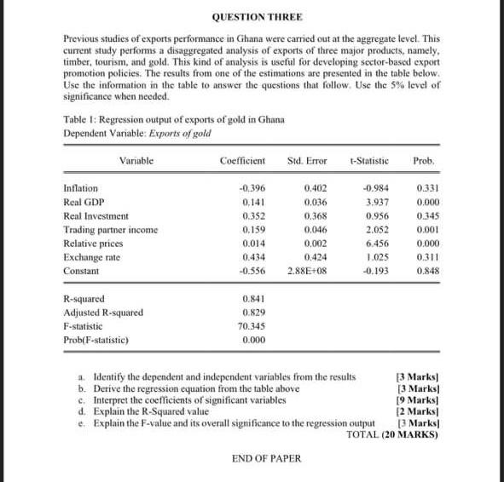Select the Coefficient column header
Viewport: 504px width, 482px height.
point(243,160)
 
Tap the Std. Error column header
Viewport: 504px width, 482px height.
point(308,160)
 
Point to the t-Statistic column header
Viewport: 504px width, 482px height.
point(369,160)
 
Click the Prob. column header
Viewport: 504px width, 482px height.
point(424,160)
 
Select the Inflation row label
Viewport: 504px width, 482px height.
point(81,188)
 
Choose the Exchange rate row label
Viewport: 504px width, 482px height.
point(91,257)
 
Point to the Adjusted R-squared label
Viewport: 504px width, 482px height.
point(103,313)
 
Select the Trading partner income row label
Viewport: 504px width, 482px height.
point(111,230)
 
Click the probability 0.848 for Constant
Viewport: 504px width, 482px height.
point(425,271)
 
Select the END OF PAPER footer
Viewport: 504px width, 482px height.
point(266,458)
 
